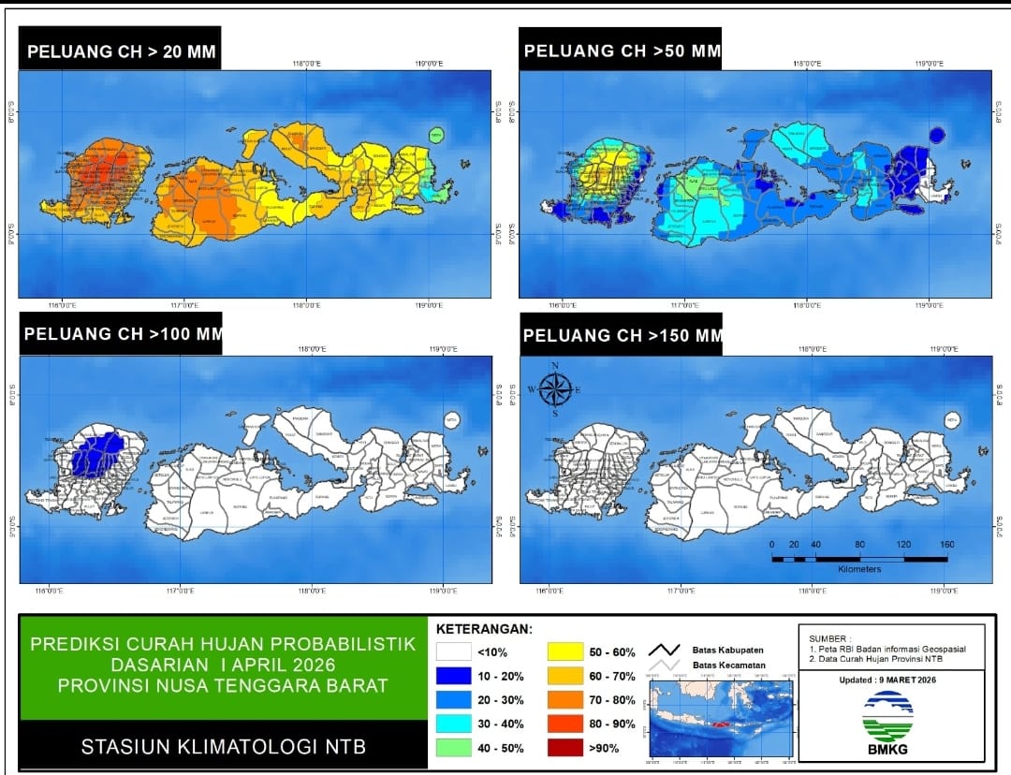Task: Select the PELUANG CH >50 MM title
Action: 623,51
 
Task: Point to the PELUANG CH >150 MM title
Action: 623,335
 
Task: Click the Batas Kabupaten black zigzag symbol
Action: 664,650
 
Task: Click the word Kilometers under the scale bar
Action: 859,569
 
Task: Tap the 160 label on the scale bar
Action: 946,545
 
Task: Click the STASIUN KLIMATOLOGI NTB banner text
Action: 223,747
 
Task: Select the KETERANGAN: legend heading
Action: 484,628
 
